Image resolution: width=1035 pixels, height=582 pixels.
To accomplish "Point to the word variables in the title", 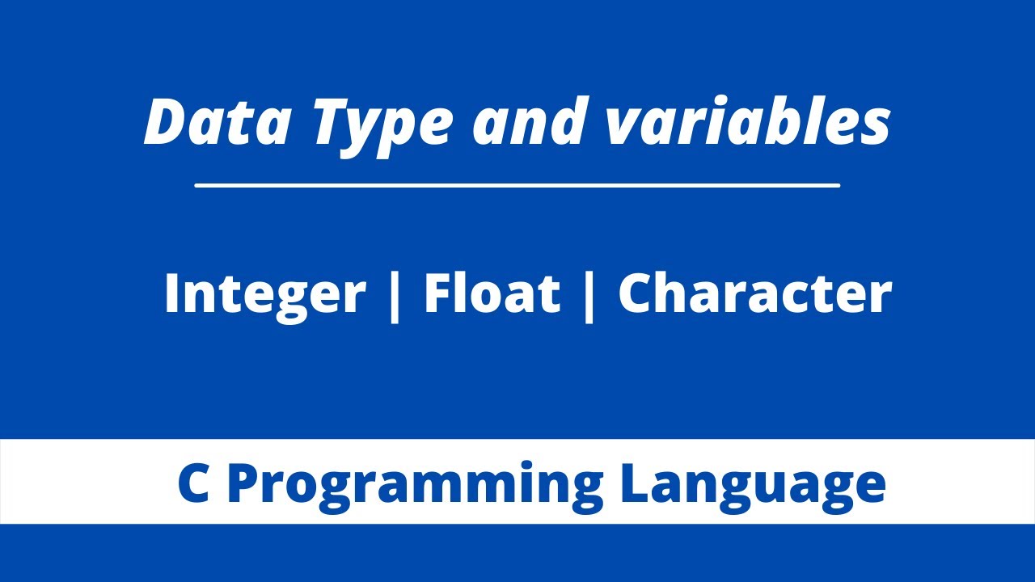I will click(x=748, y=122).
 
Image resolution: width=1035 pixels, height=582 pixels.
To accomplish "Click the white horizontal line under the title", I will click(x=517, y=185).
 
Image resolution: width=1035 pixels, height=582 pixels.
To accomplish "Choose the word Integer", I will click(x=264, y=293).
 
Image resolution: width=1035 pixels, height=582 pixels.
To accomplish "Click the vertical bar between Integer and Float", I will click(x=395, y=294).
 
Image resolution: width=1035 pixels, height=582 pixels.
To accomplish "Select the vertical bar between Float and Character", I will click(x=589, y=294).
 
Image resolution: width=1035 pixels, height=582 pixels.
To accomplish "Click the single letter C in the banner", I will click(x=194, y=483).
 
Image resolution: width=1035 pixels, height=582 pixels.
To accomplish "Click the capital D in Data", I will click(x=166, y=122).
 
